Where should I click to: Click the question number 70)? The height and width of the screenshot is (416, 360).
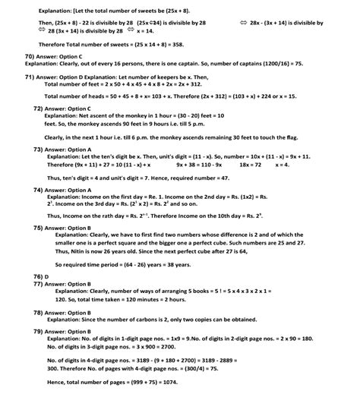coord(30,56)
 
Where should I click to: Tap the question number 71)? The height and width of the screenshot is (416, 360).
coord(30,77)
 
